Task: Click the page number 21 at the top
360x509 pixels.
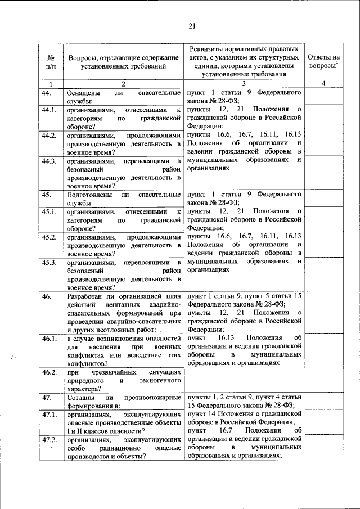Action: point(191,25)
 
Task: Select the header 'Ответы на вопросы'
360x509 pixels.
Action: point(323,61)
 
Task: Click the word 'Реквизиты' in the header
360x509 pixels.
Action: point(209,49)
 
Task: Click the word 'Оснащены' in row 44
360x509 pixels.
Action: point(84,92)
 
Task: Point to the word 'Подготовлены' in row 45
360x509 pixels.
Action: point(91,195)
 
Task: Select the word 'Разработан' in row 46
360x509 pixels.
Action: point(86,296)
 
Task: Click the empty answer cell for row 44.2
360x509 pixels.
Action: point(323,143)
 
